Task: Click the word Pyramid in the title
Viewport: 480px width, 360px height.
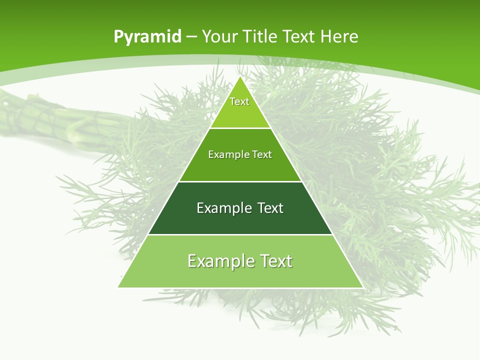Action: coord(147,37)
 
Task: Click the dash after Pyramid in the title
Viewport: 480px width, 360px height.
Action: coord(191,37)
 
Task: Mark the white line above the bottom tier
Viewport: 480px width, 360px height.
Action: coord(240,234)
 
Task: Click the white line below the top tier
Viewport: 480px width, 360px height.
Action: coord(240,128)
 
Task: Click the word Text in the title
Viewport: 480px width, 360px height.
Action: coord(299,37)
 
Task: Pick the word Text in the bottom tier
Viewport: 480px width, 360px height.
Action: coord(274,261)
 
